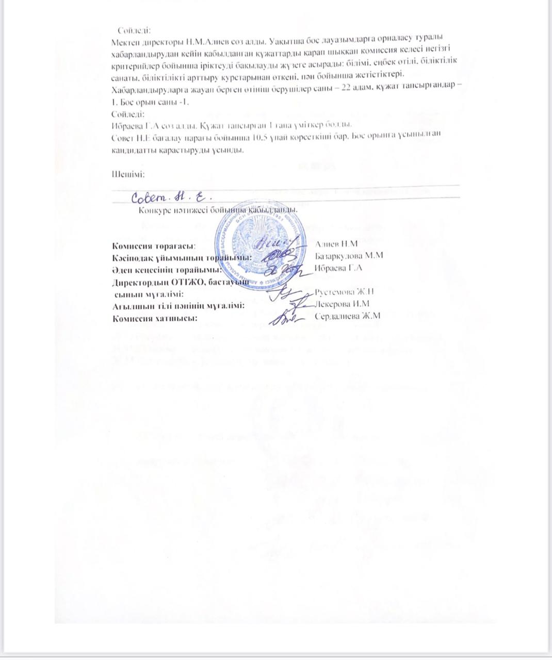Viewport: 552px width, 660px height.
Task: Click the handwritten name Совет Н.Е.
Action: (x=173, y=196)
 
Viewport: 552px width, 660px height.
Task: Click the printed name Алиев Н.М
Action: (x=336, y=244)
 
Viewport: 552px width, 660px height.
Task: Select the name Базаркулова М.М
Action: (x=349, y=256)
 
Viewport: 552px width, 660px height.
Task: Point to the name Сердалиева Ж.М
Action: (x=347, y=316)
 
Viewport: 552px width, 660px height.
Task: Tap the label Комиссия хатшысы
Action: (x=155, y=318)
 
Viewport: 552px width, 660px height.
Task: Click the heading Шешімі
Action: (x=128, y=174)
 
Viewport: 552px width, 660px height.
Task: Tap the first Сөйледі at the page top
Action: (x=134, y=30)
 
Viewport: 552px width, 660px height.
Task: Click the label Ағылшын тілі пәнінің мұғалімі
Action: (x=178, y=306)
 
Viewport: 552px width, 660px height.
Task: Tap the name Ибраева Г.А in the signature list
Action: (x=338, y=268)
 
